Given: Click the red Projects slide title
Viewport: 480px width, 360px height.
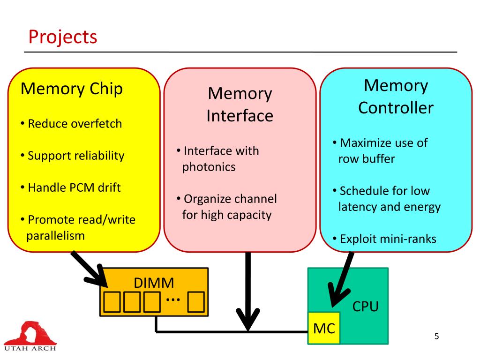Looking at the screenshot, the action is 63,37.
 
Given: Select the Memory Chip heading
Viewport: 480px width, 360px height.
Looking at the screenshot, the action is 72,89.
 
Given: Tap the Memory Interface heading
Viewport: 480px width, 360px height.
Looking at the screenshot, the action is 240,105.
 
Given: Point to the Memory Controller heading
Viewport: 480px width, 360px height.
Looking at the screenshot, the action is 396,97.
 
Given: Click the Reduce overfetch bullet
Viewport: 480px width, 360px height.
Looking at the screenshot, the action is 71,124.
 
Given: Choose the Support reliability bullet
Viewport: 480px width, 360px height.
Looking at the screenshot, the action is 73,156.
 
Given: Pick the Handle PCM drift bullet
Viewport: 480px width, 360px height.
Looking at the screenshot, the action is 71,187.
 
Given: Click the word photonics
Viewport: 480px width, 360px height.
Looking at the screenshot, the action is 209,167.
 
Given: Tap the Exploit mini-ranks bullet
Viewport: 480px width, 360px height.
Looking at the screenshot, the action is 384,239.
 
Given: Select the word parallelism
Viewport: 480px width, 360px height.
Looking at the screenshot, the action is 55,236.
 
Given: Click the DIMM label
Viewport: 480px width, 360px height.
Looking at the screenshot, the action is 154,283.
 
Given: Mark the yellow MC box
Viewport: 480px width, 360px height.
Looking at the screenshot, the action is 324,328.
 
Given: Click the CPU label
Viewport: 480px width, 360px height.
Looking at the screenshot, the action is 366,307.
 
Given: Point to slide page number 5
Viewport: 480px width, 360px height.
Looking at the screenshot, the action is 436,337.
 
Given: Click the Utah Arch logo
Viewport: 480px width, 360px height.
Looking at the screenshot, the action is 30,336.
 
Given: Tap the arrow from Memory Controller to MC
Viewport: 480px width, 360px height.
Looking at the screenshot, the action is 341,279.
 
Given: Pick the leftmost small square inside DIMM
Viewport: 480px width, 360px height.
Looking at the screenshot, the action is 112,302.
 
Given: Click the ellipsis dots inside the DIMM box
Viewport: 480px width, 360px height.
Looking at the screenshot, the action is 173,299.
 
